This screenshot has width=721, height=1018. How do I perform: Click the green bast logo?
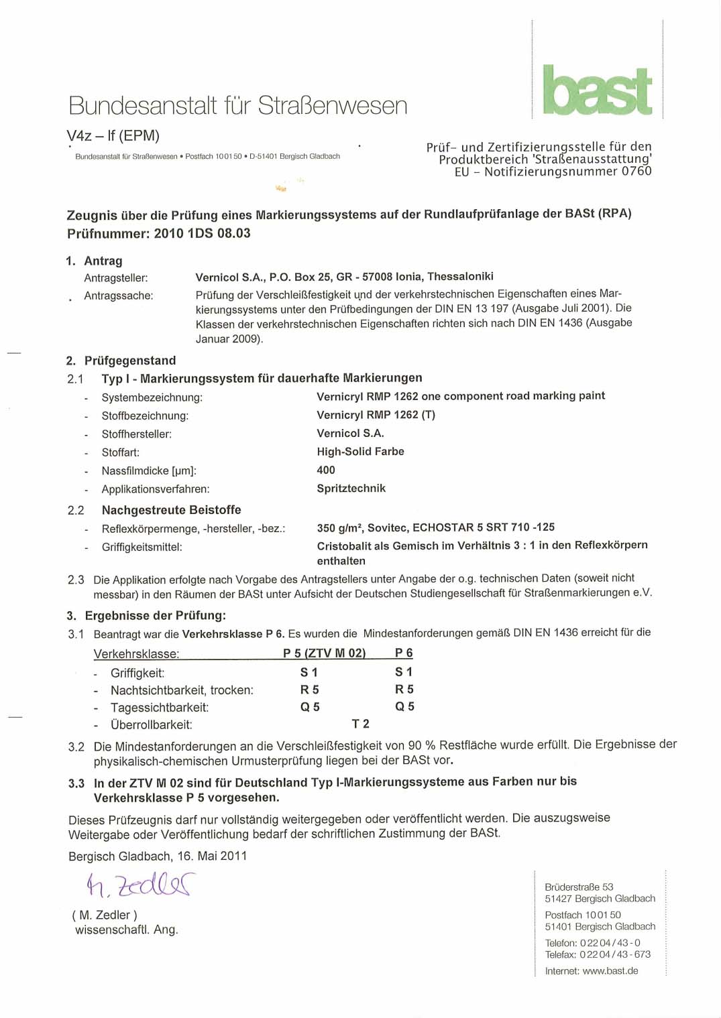[x=597, y=90]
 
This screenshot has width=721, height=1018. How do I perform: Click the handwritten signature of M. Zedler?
[x=140, y=885]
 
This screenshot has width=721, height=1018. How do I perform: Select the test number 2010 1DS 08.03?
[x=202, y=233]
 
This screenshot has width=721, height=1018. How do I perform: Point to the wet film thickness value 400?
[x=326, y=470]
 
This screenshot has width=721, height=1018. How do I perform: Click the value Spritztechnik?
[x=351, y=488]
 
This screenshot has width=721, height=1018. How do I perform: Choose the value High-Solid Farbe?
[x=360, y=452]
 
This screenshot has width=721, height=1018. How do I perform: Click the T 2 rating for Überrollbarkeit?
[x=360, y=724]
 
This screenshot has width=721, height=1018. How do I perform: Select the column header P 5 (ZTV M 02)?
[x=324, y=653]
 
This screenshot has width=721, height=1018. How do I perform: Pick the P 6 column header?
[x=404, y=653]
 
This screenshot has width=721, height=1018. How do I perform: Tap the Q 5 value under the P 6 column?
[x=404, y=706]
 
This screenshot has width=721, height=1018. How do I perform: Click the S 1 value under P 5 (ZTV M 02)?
[x=309, y=672]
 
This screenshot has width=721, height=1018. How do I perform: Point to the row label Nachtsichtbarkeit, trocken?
[x=182, y=690]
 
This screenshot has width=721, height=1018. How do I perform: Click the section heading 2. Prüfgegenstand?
[x=121, y=361]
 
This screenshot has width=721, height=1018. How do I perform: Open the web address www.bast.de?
[x=610, y=970]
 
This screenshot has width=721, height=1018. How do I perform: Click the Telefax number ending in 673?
[x=615, y=954]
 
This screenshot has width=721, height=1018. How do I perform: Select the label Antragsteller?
[x=116, y=278]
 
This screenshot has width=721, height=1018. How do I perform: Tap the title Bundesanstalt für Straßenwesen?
[x=238, y=106]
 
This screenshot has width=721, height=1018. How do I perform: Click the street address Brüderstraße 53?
[x=579, y=887]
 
